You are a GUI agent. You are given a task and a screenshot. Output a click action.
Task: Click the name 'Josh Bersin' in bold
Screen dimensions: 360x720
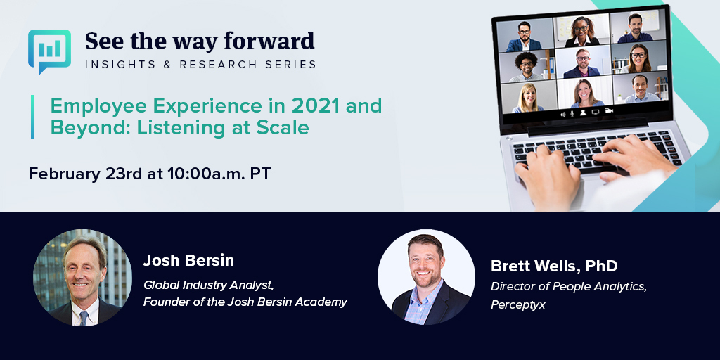[x=188, y=261]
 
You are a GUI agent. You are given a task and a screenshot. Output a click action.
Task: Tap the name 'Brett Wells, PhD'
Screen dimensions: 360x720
[x=554, y=266]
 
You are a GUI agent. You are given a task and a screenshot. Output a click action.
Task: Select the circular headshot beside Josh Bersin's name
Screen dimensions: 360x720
[x=82, y=278]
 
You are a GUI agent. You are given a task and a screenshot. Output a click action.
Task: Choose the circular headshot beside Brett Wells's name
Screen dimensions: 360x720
[x=426, y=278]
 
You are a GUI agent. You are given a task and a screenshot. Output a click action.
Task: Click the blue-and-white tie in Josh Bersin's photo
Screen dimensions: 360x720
[x=84, y=317]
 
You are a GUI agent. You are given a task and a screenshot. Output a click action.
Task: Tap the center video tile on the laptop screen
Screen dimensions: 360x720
[x=581, y=62]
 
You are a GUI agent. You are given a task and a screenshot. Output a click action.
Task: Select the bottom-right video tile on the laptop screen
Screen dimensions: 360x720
[x=636, y=89]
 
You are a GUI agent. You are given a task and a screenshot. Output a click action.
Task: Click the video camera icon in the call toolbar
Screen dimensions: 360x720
[x=609, y=111]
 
